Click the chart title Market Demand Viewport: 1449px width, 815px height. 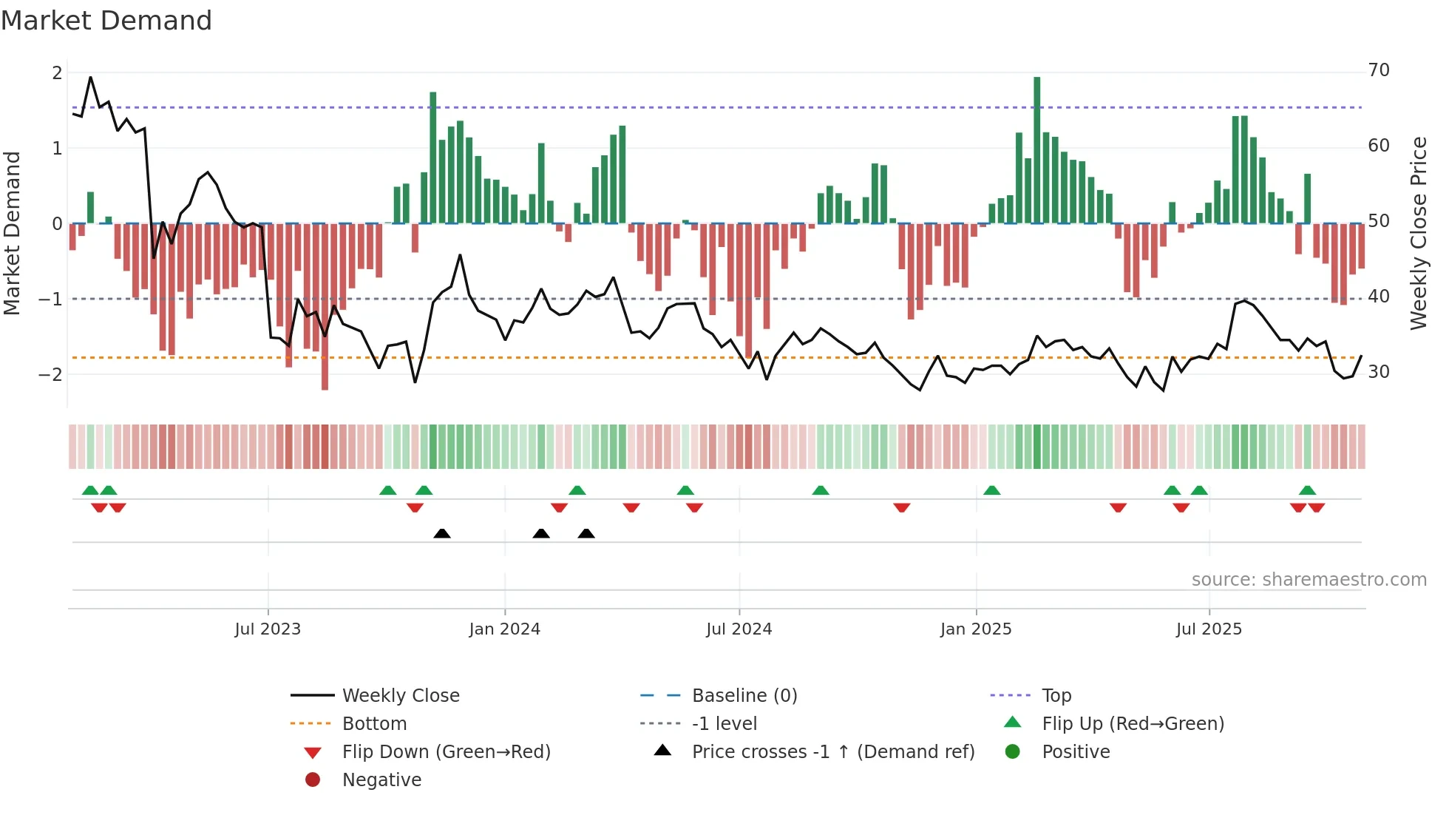click(106, 21)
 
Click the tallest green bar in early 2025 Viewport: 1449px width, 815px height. click(1037, 148)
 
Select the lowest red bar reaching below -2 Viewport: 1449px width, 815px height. click(325, 307)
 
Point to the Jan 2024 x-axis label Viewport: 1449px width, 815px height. click(505, 629)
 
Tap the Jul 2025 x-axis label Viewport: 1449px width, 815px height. click(1209, 629)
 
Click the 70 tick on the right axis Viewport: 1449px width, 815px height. click(1379, 70)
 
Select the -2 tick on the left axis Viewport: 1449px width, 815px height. click(51, 374)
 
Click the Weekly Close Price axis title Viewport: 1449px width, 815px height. click(1418, 233)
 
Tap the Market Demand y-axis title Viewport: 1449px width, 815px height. click(13, 233)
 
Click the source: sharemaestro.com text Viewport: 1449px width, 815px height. click(1309, 580)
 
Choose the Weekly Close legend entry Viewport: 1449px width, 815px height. click(400, 696)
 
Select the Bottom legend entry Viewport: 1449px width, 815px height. click(374, 724)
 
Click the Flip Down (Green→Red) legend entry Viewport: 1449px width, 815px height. click(446, 752)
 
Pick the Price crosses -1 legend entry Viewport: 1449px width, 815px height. click(832, 752)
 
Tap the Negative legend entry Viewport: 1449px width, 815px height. click(381, 780)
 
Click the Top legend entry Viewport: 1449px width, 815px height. click(1056, 696)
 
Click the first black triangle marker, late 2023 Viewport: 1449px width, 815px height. click(442, 533)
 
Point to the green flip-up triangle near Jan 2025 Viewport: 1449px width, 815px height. click(992, 490)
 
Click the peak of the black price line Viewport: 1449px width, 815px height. click(91, 78)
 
